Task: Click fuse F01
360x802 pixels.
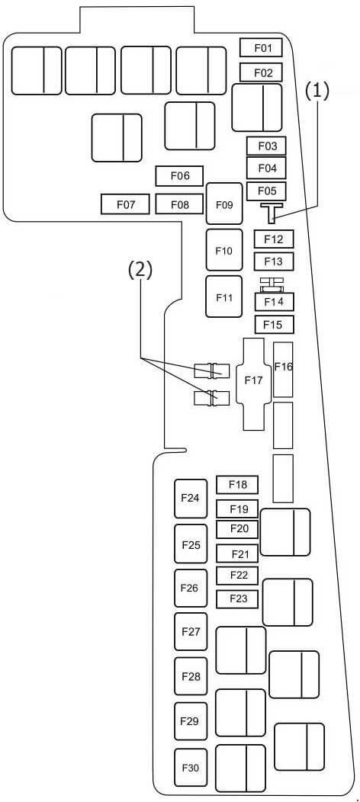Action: pyautogui.click(x=262, y=48)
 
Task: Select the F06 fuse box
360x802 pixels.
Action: pyautogui.click(x=179, y=176)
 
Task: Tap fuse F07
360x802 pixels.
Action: pyautogui.click(x=125, y=204)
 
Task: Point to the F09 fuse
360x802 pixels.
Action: pyautogui.click(x=224, y=204)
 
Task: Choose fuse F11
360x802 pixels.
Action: pyautogui.click(x=224, y=297)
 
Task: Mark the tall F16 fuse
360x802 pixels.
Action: pyautogui.click(x=283, y=369)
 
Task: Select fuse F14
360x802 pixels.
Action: pyautogui.click(x=274, y=301)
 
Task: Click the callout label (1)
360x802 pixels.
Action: pyautogui.click(x=317, y=91)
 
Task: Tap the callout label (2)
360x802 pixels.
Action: pyautogui.click(x=140, y=271)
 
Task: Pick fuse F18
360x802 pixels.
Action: pyautogui.click(x=237, y=484)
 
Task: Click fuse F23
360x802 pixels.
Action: pyautogui.click(x=237, y=599)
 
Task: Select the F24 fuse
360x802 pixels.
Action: pyautogui.click(x=191, y=499)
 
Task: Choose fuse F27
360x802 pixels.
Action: pyautogui.click(x=191, y=632)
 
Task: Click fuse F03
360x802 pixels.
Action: pyautogui.click(x=266, y=146)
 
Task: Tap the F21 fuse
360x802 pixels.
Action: pyautogui.click(x=237, y=553)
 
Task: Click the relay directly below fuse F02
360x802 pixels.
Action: pyautogui.click(x=257, y=108)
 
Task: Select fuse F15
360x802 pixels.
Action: pyautogui.click(x=274, y=324)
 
